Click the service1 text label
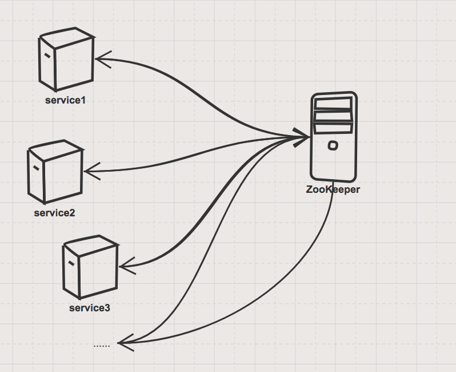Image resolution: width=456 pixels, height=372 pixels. [65, 101]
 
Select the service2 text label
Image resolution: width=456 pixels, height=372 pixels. [54, 213]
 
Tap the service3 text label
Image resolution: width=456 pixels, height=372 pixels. [89, 308]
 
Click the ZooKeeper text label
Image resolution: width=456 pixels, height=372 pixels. [333, 189]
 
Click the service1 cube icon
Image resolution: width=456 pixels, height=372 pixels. [66, 60]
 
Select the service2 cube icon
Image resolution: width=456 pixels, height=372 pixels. [55, 172]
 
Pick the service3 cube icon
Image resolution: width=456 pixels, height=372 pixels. [90, 267]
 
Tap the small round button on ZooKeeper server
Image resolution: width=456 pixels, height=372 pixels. [333, 146]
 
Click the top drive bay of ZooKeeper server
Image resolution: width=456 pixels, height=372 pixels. [333, 103]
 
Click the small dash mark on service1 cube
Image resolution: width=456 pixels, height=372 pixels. [46, 56]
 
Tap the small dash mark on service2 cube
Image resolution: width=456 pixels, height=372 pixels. [35, 168]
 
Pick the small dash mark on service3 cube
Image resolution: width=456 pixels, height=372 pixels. [71, 263]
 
